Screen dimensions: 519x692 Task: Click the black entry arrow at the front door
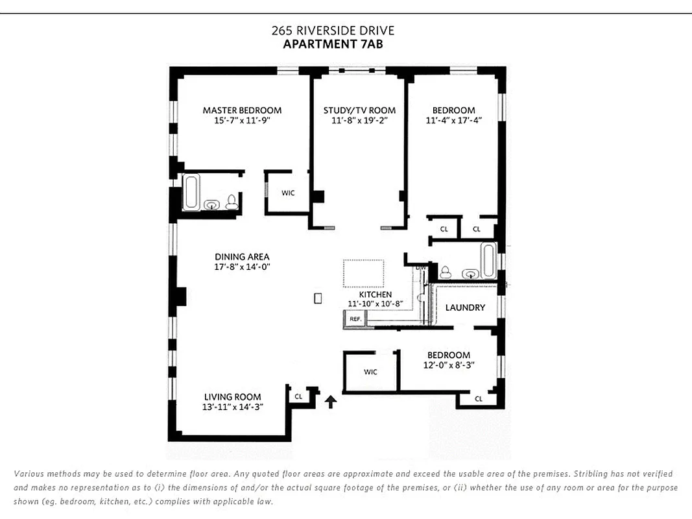pos(331,402)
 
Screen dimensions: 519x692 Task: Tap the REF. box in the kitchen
pos(355,319)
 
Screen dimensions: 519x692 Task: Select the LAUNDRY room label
pos(465,307)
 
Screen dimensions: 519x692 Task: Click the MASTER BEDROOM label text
pos(242,110)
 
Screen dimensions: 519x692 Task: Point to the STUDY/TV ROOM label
pos(359,110)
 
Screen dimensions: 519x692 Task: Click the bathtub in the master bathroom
pos(191,192)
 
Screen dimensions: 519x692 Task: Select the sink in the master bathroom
pos(212,205)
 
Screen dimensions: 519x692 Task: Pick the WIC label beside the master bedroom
pos(288,193)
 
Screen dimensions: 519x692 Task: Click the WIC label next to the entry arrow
pos(370,372)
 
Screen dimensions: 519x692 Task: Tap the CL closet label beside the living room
pos(298,396)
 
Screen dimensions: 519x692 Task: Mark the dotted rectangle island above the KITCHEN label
pos(363,273)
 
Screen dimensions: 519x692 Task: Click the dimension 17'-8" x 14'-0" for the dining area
pos(242,267)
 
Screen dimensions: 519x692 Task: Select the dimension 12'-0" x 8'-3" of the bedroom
pos(448,365)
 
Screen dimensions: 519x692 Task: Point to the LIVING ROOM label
pos(232,397)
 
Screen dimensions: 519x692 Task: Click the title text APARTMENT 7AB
pos(333,44)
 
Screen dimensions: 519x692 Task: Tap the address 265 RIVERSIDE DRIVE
pos(333,30)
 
